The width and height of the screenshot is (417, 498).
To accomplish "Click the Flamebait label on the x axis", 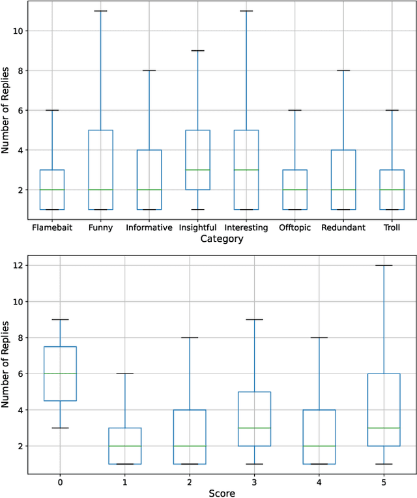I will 52,227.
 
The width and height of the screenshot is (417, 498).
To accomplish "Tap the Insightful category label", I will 198,227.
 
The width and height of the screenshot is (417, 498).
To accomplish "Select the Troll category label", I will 392,227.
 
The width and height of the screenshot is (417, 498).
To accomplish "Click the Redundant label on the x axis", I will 343,227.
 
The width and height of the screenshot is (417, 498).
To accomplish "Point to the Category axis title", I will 222,239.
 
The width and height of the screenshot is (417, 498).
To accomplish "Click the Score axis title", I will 222,493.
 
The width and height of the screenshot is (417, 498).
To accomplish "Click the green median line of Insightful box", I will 198,169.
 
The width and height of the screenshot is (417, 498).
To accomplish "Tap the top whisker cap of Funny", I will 100,11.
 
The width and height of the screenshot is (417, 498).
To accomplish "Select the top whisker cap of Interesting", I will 246,11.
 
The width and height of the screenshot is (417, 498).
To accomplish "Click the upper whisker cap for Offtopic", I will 295,110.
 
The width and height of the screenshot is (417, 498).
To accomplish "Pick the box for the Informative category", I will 149,179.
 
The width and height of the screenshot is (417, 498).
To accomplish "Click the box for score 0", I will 60,373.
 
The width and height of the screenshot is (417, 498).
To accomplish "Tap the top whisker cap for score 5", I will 384,265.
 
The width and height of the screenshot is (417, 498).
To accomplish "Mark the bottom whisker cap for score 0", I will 60,428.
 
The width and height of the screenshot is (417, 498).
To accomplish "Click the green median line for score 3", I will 255,428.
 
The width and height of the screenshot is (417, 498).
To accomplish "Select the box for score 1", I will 125,446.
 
